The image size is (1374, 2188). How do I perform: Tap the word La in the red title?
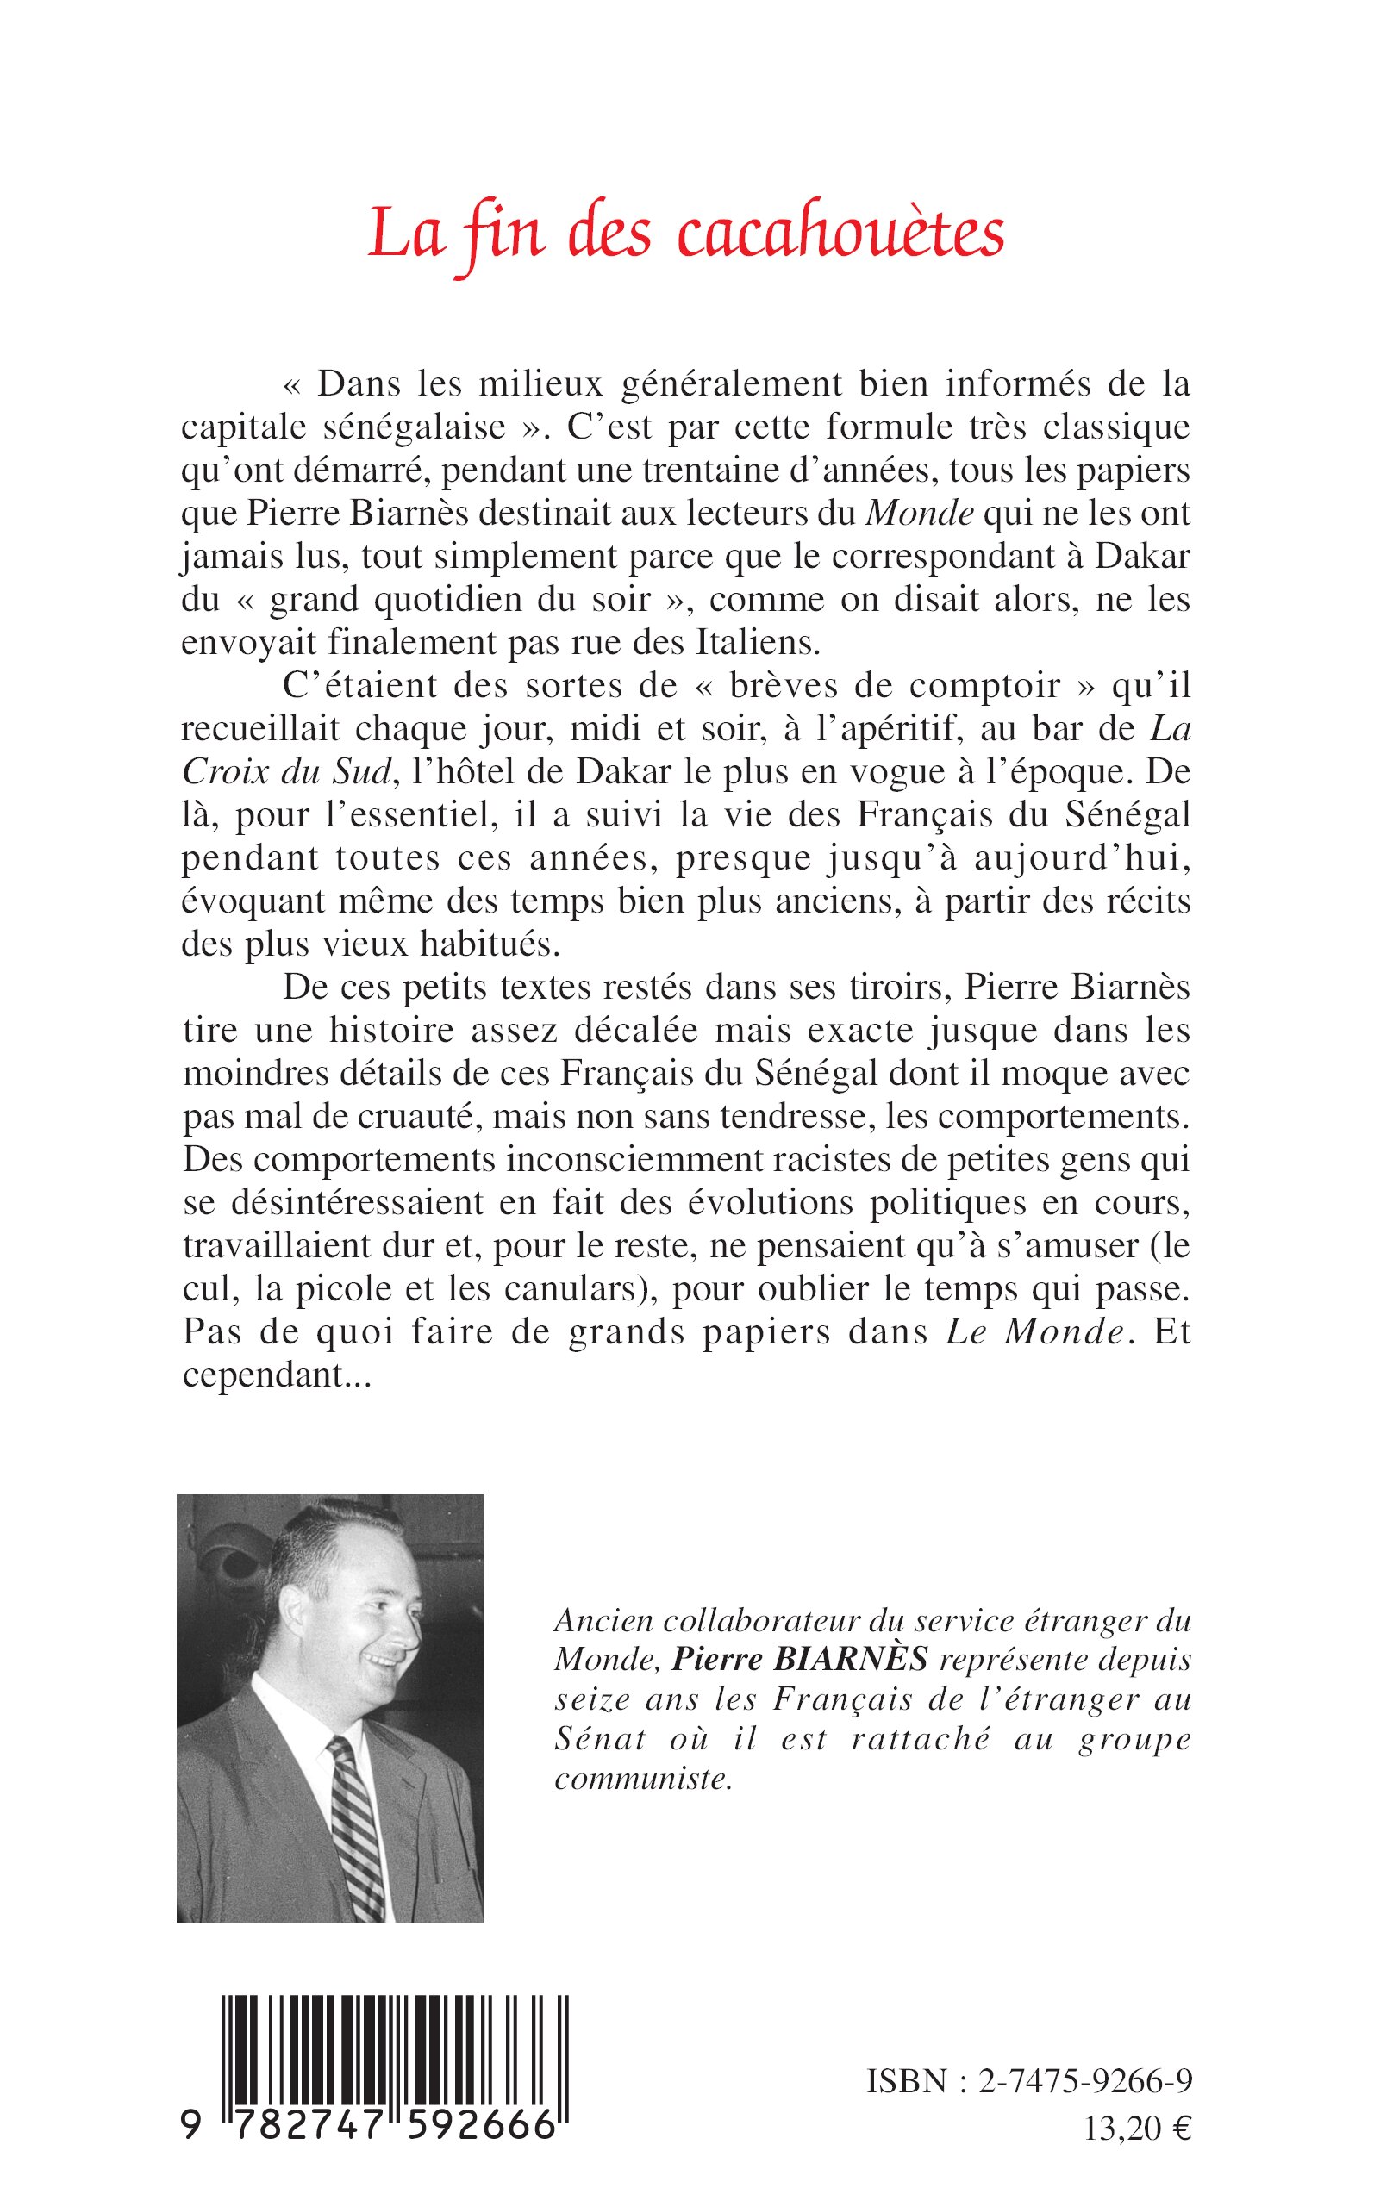point(406,236)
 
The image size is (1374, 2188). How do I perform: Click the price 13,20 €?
point(1137,2147)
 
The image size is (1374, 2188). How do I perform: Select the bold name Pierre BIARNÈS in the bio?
point(800,1660)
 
